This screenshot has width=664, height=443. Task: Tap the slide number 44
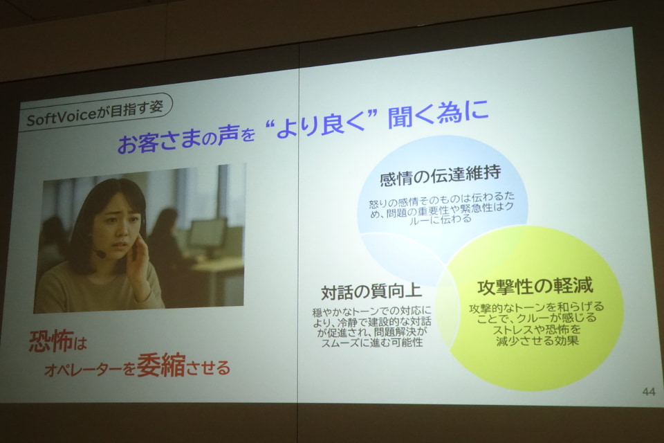[649, 391]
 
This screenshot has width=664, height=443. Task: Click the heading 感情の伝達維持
[441, 174]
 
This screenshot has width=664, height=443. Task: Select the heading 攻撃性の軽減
[535, 287]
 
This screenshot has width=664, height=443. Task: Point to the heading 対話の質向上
[371, 291]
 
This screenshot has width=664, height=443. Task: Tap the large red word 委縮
[161, 365]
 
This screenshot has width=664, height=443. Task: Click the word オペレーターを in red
[90, 370]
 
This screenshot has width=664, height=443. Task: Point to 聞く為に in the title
[438, 114]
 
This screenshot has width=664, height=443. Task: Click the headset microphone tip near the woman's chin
[100, 253]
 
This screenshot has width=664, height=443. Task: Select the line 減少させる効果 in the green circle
[537, 341]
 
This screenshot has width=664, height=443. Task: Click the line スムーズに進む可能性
[372, 343]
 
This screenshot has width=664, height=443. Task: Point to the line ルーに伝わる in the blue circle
[441, 219]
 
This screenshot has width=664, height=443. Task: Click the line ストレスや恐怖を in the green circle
[536, 329]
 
